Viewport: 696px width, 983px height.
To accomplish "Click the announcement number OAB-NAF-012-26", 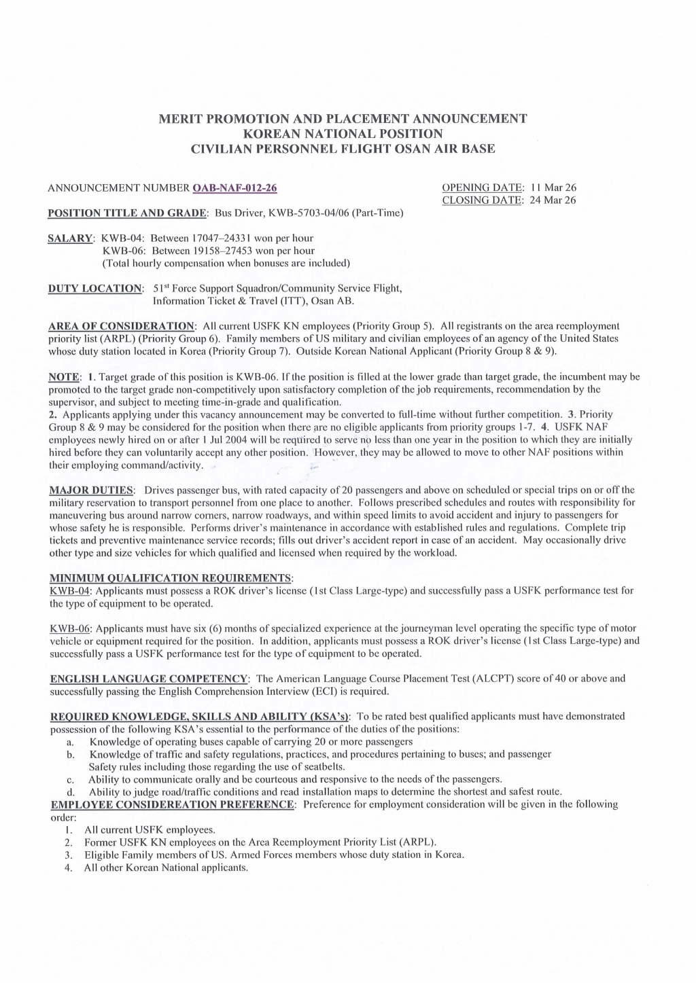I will (235, 187).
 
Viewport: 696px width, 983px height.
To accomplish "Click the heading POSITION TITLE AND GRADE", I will (128, 213).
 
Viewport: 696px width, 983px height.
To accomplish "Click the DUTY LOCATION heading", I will (95, 288).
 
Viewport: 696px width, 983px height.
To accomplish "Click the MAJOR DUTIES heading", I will (92, 490).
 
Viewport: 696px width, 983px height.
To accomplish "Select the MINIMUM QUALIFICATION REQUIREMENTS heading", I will (171, 577).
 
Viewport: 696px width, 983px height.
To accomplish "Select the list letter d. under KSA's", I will (70, 792).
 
